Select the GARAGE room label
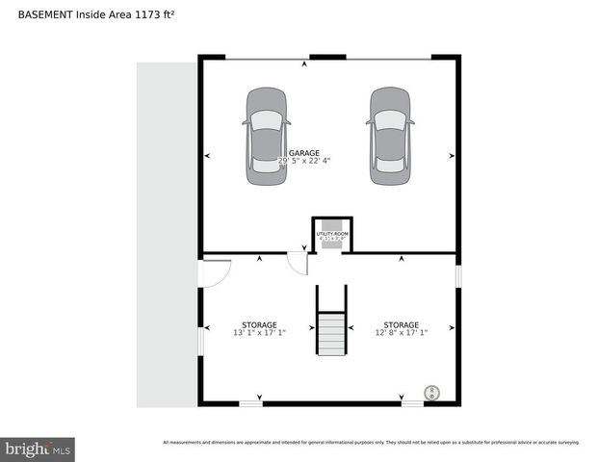point(304,152)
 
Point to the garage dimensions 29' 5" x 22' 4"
point(304,162)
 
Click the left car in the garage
point(266,136)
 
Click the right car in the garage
point(391,136)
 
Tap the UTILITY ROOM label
point(331,233)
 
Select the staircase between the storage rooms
point(332,322)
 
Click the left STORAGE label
point(259,324)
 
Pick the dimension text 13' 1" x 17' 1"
point(259,334)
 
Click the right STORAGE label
point(401,324)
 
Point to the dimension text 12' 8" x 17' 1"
point(401,334)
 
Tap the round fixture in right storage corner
point(432,392)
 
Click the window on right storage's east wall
point(458,275)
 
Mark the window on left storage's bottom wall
point(250,403)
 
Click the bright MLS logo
point(39,449)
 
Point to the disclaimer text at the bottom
point(371,442)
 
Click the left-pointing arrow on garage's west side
point(208,155)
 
